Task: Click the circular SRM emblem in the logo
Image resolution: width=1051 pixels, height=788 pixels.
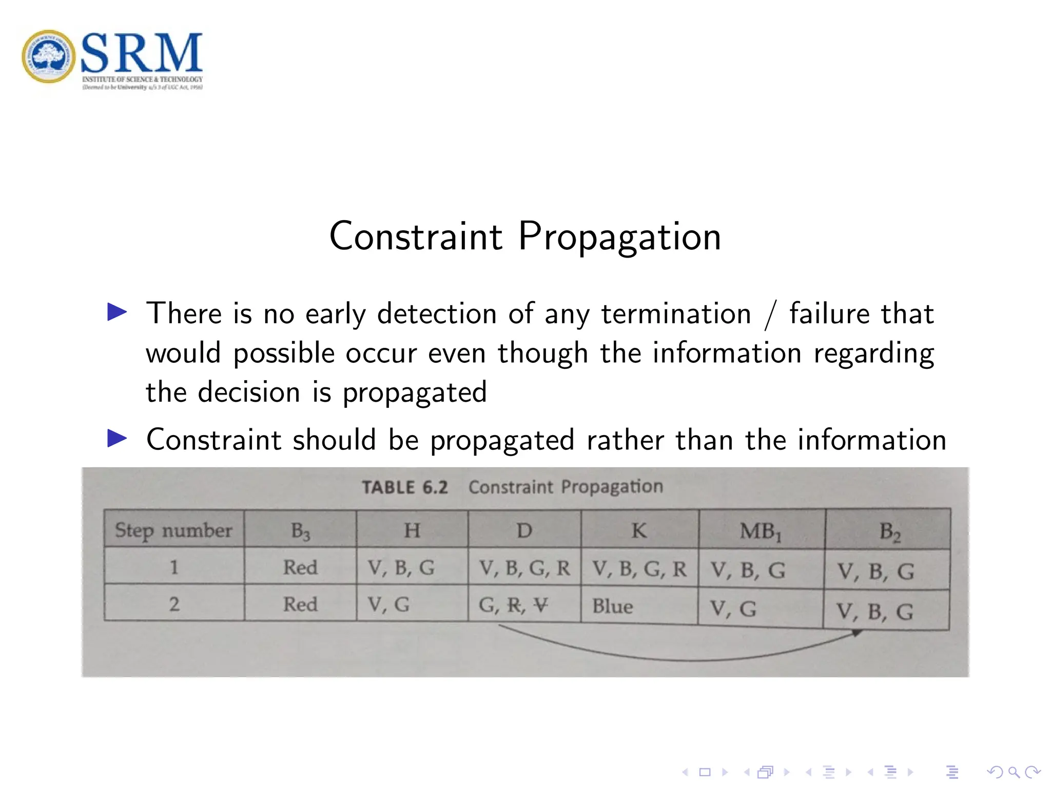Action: [x=49, y=56]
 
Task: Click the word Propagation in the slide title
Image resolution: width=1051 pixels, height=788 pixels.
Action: [x=619, y=237]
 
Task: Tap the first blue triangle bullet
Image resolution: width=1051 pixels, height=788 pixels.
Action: [x=117, y=312]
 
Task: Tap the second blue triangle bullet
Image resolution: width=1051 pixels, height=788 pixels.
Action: [x=117, y=439]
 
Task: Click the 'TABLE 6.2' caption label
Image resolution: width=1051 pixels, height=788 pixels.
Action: [x=404, y=487]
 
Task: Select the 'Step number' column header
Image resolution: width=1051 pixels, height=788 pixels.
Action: [x=173, y=530]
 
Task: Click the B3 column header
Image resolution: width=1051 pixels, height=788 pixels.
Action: [x=300, y=531]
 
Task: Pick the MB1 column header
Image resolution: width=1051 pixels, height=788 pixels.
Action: [x=761, y=531]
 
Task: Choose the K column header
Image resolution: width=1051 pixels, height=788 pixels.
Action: [x=639, y=530]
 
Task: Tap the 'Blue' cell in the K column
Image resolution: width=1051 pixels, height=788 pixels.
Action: [x=612, y=606]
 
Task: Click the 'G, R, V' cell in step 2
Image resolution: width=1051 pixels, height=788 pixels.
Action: [x=513, y=605]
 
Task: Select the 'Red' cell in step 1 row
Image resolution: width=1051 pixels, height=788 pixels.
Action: [x=300, y=567]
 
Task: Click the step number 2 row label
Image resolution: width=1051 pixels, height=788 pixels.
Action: [x=174, y=604]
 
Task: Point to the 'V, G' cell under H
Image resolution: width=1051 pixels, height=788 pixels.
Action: [x=388, y=605]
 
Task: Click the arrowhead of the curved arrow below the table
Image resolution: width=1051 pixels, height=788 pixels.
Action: [x=856, y=633]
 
